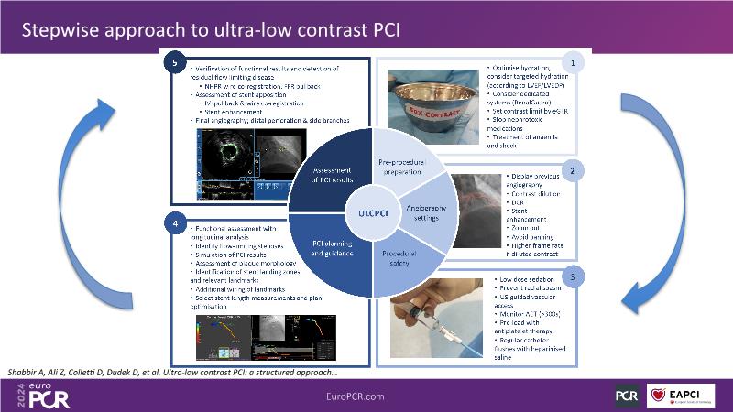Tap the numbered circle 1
tap(573, 63)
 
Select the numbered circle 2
tap(573, 170)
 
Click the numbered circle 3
tap(573, 275)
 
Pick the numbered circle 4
tap(172, 222)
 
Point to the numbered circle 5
tap(172, 62)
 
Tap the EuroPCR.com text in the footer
tap(366, 395)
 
